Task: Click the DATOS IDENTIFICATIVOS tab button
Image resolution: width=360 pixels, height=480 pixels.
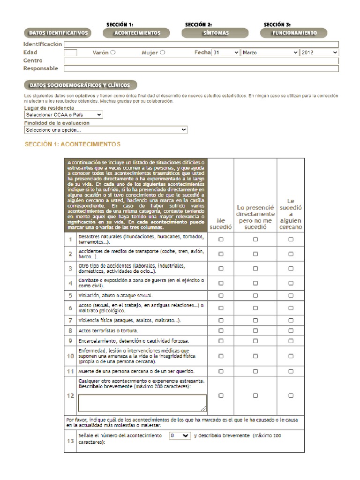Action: pyautogui.click(x=58, y=33)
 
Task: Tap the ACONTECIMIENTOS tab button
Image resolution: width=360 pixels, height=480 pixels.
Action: pyautogui.click(x=137, y=33)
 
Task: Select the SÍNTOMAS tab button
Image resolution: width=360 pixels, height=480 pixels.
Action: pyautogui.click(x=216, y=33)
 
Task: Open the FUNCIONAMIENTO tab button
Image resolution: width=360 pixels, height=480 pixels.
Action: pyautogui.click(x=294, y=33)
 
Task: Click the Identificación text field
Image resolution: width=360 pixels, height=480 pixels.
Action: pyautogui.click(x=201, y=45)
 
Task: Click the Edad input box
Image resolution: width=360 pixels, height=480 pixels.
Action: pyautogui.click(x=71, y=53)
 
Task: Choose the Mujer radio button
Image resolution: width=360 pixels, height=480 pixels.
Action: pyautogui.click(x=163, y=52)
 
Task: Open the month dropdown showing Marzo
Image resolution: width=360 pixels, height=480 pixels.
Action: pyautogui.click(x=270, y=53)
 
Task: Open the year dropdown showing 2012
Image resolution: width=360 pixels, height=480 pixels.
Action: pyautogui.click(x=320, y=53)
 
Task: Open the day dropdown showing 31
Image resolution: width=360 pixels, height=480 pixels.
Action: pyautogui.click(x=226, y=53)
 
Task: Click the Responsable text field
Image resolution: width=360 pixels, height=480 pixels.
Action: pyautogui.click(x=201, y=68)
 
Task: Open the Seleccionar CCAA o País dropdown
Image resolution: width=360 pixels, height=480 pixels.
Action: pyautogui.click(x=64, y=114)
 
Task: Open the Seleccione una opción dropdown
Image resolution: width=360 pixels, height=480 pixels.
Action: pyautogui.click(x=106, y=130)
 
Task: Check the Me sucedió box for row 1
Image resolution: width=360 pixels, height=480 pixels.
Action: pyautogui.click(x=221, y=239)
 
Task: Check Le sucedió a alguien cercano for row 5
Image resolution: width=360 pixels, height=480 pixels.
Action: pyautogui.click(x=291, y=296)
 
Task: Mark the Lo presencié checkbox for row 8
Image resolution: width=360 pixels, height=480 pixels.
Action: pyautogui.click(x=255, y=330)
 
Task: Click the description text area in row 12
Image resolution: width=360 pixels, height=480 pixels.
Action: pyautogui.click(x=142, y=403)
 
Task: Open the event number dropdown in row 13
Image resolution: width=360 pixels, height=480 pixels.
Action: pyautogui.click(x=180, y=435)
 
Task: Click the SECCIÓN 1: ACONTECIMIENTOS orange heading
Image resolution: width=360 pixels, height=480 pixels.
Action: pyautogui.click(x=73, y=144)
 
